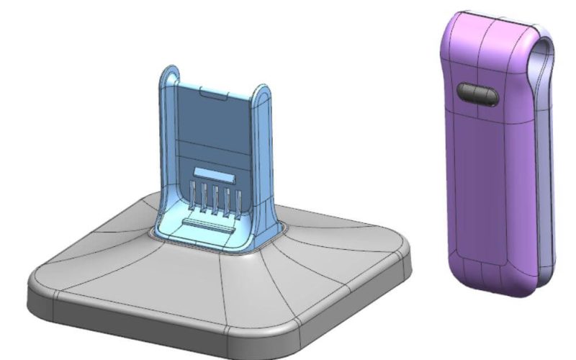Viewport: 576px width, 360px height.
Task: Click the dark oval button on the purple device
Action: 477,94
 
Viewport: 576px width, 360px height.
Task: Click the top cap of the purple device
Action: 490,25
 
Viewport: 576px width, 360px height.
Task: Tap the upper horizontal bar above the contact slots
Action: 215,175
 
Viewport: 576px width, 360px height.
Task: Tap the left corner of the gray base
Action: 40,284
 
